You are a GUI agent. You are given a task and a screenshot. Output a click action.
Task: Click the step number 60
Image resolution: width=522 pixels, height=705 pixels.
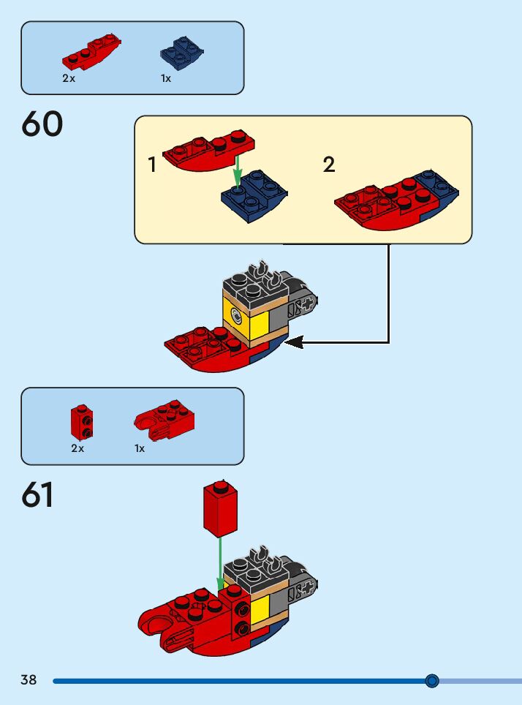click(x=42, y=124)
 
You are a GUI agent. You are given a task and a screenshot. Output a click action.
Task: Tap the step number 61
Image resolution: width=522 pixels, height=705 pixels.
click(x=37, y=494)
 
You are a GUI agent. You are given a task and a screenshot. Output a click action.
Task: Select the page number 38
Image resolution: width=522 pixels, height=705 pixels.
click(x=29, y=679)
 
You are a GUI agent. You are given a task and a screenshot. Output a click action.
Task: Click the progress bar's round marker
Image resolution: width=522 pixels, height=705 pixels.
click(x=431, y=681)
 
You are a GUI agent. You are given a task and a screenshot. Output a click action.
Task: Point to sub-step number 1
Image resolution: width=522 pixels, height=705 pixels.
click(x=152, y=165)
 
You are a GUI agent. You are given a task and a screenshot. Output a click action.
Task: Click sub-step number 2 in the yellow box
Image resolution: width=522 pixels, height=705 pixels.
click(x=329, y=165)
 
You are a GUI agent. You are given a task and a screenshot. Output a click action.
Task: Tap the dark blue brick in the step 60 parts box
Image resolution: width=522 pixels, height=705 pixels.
click(x=181, y=54)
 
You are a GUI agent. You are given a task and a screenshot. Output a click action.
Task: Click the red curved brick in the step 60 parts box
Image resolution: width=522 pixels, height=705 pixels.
click(x=91, y=52)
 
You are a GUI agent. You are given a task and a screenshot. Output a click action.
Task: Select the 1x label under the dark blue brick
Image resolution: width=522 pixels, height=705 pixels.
click(x=166, y=78)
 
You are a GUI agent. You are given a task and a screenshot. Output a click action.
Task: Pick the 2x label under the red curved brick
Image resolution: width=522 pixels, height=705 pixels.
click(x=69, y=78)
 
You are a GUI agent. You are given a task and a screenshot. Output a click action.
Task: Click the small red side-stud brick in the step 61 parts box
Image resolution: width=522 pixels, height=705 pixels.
click(x=82, y=422)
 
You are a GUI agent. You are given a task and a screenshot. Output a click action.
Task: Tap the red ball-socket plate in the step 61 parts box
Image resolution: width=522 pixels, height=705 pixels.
click(x=164, y=421)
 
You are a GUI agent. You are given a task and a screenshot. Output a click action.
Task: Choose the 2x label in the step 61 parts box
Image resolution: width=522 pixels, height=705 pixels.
click(x=77, y=448)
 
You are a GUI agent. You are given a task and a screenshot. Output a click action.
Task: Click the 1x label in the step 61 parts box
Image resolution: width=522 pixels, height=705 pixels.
click(x=140, y=448)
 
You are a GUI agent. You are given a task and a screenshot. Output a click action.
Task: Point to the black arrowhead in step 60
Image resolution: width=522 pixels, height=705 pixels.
click(x=294, y=342)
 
